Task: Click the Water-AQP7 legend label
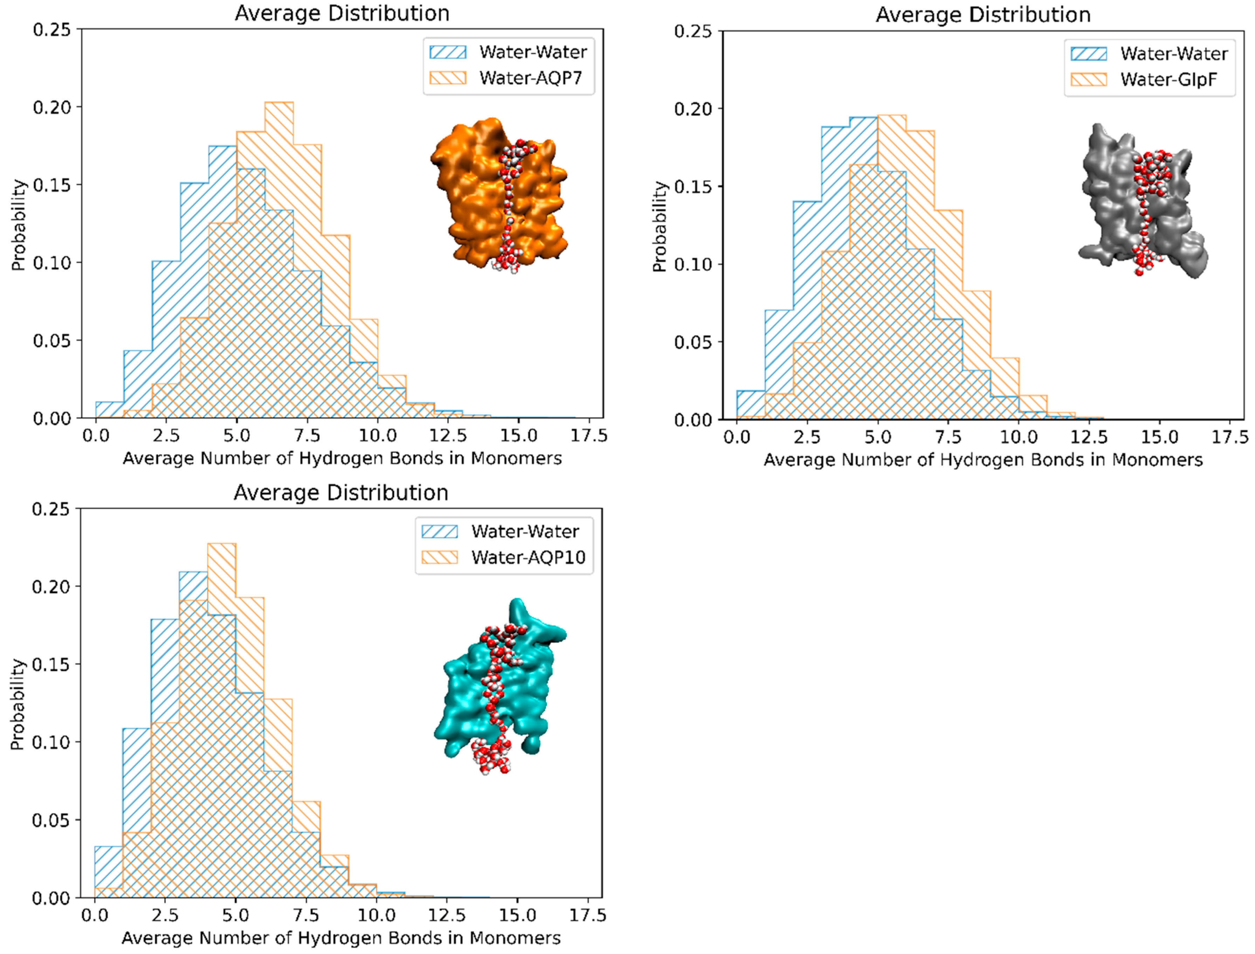pos(531,78)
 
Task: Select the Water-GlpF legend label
pos(1168,80)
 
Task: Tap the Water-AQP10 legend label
pos(528,557)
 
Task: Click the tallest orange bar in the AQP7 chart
pos(279,170)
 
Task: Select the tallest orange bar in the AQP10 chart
pos(221,625)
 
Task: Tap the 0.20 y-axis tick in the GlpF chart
pos(692,109)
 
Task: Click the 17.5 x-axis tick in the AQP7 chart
pos(588,435)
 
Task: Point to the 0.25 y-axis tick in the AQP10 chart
pos(50,509)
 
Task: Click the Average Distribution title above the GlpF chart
pos(982,15)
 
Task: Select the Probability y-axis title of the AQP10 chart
pos(18,704)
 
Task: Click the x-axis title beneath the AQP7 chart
pos(342,458)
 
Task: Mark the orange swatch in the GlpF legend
pos(1088,80)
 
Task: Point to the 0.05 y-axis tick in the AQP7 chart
pos(51,341)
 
